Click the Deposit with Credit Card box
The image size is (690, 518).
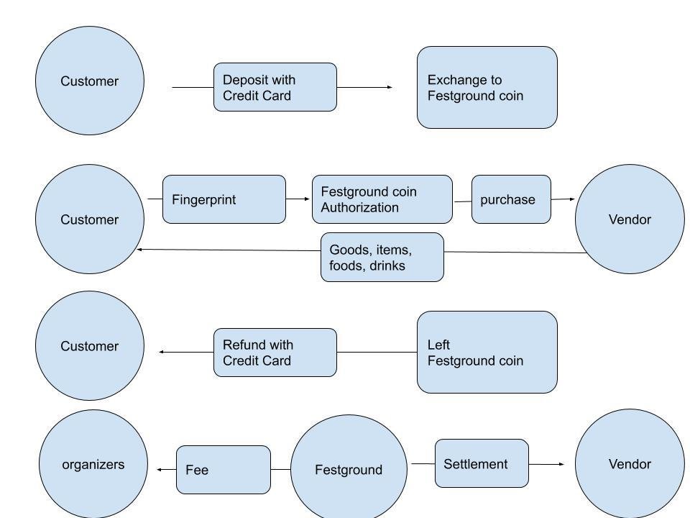275,87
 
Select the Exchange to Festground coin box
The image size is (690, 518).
487,88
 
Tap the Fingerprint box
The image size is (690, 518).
224,199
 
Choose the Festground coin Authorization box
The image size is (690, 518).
382,199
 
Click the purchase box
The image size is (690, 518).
511,199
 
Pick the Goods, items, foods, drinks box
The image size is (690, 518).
382,257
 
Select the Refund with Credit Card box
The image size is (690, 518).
275,353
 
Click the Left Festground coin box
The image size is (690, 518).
487,353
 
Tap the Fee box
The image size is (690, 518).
223,470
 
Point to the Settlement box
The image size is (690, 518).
481,464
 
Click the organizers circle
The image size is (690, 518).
93,464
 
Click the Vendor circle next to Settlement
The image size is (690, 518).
629,464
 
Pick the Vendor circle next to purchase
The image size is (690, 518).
629,219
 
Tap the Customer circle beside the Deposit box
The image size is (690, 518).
90,81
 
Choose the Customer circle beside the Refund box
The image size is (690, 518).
90,346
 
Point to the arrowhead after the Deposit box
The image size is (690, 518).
390,87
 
